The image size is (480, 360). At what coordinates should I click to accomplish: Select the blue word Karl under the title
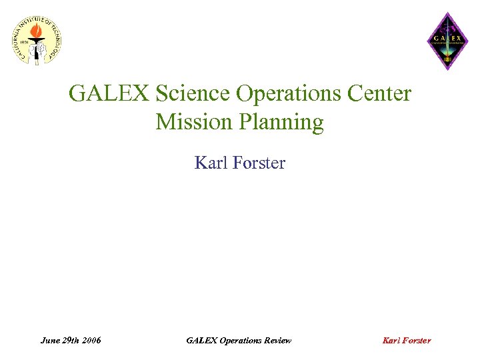[x=209, y=163]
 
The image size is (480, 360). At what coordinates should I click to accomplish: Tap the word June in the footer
[x=50, y=341]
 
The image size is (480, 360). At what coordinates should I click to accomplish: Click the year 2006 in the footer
[x=92, y=341]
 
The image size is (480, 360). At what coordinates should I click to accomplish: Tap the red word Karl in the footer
[x=391, y=341]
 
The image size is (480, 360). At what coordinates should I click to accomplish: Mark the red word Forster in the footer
[x=417, y=341]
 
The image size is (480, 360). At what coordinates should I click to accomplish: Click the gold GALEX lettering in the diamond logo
[x=447, y=37]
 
